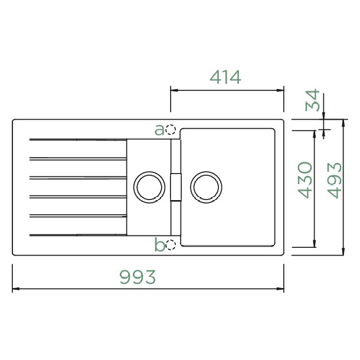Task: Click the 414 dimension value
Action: (225, 77)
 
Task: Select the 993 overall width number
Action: (138, 277)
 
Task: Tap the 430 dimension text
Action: (305, 180)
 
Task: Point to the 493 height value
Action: (335, 180)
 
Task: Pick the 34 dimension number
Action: (312, 100)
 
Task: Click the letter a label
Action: (159, 130)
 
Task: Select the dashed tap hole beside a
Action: (171, 130)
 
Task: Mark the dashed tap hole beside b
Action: (171, 245)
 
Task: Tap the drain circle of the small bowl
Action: (149, 172)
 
